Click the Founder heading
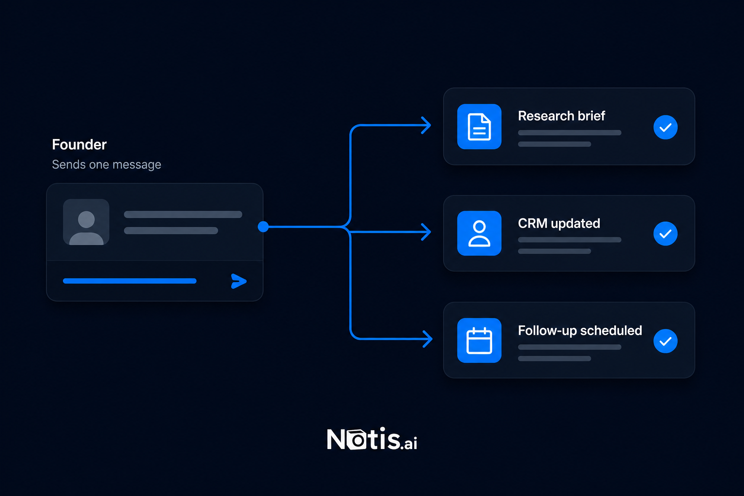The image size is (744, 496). pyautogui.click(x=79, y=144)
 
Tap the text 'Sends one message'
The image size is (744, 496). pyautogui.click(x=106, y=165)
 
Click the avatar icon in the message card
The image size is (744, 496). pyautogui.click(x=86, y=222)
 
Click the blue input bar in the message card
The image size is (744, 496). pyautogui.click(x=129, y=281)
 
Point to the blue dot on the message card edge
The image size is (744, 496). pyautogui.click(x=263, y=227)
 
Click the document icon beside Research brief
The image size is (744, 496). pyautogui.click(x=479, y=126)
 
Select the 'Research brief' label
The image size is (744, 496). pyautogui.click(x=561, y=116)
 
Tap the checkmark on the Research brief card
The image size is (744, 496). pyautogui.click(x=665, y=127)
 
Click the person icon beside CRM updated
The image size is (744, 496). pyautogui.click(x=479, y=233)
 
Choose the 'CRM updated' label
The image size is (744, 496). pyautogui.click(x=559, y=223)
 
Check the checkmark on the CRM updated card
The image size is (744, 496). pyautogui.click(x=665, y=233)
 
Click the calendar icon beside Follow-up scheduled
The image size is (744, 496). pyautogui.click(x=479, y=340)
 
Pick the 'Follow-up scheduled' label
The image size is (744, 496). pyautogui.click(x=580, y=331)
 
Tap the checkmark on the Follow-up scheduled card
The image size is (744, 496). pyautogui.click(x=665, y=341)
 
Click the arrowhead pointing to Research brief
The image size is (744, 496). pyautogui.click(x=426, y=125)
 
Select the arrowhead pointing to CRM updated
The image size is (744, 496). pyautogui.click(x=426, y=232)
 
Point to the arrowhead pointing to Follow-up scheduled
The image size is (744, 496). pyautogui.click(x=428, y=339)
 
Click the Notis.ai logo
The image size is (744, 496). pyautogui.click(x=372, y=439)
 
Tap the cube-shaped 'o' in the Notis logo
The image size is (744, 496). pyautogui.click(x=356, y=440)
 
